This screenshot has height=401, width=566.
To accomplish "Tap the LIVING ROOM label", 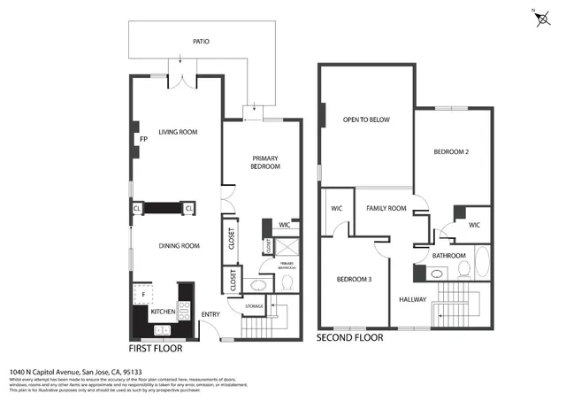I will pyautogui.click(x=178, y=133).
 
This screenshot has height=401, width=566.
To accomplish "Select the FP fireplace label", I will pyautogui.click(x=142, y=140).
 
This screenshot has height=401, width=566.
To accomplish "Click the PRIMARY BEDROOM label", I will pyautogui.click(x=265, y=161).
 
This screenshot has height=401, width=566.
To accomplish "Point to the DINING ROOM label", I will pyautogui.click(x=178, y=246).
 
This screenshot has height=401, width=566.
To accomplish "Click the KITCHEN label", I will pyautogui.click(x=162, y=312).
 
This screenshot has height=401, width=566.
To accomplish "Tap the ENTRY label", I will pyautogui.click(x=210, y=314).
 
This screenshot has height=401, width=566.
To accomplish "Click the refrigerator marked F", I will pyautogui.click(x=143, y=294).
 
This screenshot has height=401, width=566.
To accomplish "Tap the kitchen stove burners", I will pyautogui.click(x=185, y=309).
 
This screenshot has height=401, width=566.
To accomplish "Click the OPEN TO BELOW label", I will pyautogui.click(x=366, y=120).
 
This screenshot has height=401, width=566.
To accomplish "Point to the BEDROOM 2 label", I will pyautogui.click(x=450, y=152).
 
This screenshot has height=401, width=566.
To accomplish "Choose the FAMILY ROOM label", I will pyautogui.click(x=386, y=208).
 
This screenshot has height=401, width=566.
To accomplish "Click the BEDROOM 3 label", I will pyautogui.click(x=353, y=280).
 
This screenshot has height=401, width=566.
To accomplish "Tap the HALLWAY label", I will pyautogui.click(x=413, y=299).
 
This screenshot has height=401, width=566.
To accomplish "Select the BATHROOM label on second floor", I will pyautogui.click(x=448, y=256).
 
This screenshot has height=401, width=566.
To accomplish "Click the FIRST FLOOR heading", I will pyautogui.click(x=156, y=349).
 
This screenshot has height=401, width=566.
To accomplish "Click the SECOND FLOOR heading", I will pyautogui.click(x=348, y=337).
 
